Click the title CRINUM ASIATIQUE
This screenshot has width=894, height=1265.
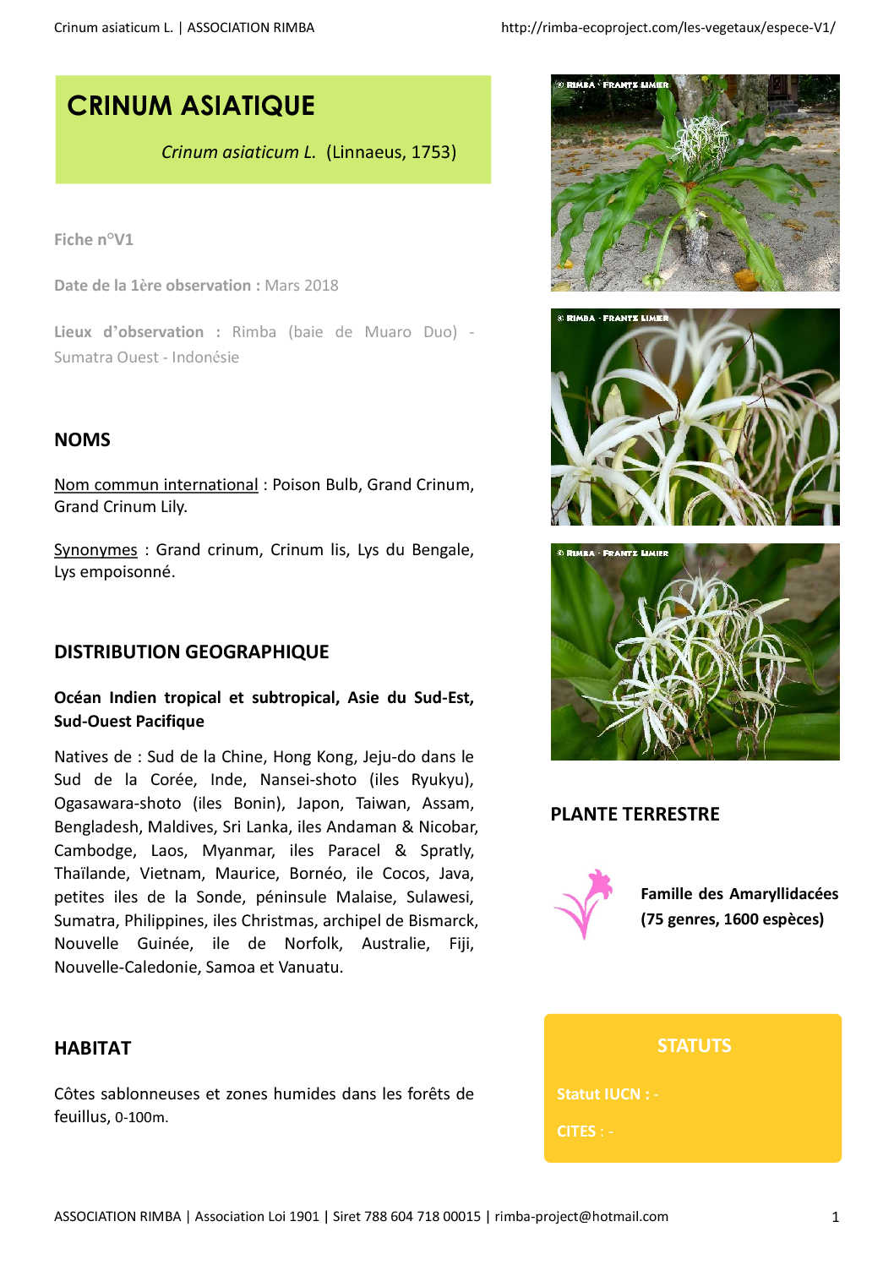coord(191,106)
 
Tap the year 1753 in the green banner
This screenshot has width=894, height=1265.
coord(433,152)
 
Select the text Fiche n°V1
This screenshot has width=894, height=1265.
coord(94,240)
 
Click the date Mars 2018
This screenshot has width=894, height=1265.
coord(302,286)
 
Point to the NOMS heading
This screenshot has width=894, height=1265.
coord(82,440)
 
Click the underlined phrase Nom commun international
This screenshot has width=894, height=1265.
coord(156,485)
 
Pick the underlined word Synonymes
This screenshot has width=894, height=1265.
coord(95,550)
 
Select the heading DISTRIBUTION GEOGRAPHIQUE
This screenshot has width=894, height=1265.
coord(192,652)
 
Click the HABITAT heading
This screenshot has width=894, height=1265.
coord(93,1049)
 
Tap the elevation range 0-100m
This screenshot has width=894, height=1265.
coord(141,1118)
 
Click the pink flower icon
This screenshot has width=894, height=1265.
coord(584,904)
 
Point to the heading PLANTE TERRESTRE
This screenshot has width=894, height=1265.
coord(635,815)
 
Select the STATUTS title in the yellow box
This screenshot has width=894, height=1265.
coord(694,1046)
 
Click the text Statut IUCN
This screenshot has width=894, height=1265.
coord(598,1094)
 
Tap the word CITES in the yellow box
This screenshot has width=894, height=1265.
coord(576,1131)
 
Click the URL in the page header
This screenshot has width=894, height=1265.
coord(668,28)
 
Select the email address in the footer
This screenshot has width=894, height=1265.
coord(581,1217)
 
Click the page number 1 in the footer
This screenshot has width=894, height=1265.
coord(835,1218)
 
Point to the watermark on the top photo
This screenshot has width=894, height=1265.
coord(613,85)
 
